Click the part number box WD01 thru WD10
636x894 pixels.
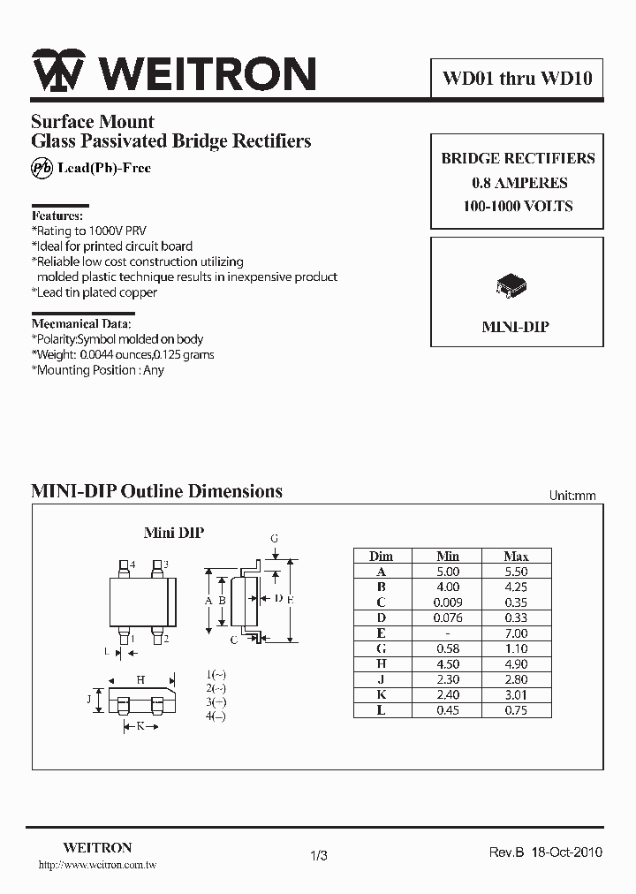pyautogui.click(x=517, y=79)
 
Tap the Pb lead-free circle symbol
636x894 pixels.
pyautogui.click(x=41, y=169)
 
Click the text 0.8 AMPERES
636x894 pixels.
pyautogui.click(x=519, y=183)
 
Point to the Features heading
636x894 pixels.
pyautogui.click(x=57, y=216)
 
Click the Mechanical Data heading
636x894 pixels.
pyautogui.click(x=83, y=323)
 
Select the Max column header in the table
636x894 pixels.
pyautogui.click(x=516, y=556)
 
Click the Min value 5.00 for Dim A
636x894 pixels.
pyautogui.click(x=448, y=572)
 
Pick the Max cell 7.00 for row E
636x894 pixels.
pyautogui.click(x=516, y=633)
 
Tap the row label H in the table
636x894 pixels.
pyautogui.click(x=381, y=664)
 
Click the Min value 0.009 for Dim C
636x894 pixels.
pyautogui.click(x=448, y=602)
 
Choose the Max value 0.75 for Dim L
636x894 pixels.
pyautogui.click(x=516, y=710)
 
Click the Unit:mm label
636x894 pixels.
pyautogui.click(x=572, y=496)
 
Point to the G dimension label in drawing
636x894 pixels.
pyautogui.click(x=275, y=538)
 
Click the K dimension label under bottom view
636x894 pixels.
pyautogui.click(x=140, y=726)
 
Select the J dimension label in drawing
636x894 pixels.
pyautogui.click(x=88, y=700)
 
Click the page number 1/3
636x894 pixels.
pyautogui.click(x=320, y=855)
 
